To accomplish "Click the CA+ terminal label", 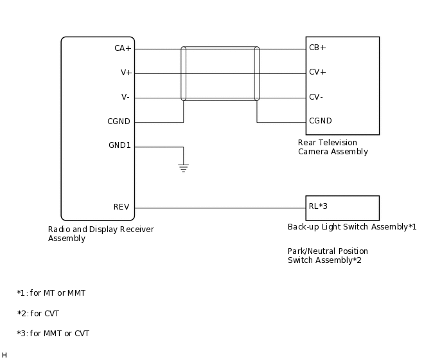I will click(x=122, y=48).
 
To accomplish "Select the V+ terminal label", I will click(x=126, y=73).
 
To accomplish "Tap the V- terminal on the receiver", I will click(x=125, y=97).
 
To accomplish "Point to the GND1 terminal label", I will click(x=119, y=145).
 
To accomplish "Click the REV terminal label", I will click(x=121, y=207).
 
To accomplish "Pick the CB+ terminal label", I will click(x=317, y=48).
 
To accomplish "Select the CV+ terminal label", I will click(x=317, y=72).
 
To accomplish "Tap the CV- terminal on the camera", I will click(x=316, y=96).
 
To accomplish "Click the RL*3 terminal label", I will click(x=318, y=206).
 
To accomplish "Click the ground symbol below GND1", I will click(x=183, y=168).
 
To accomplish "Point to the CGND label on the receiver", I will click(x=119, y=122).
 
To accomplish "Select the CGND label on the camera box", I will click(x=321, y=120).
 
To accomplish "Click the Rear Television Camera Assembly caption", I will click(x=333, y=147).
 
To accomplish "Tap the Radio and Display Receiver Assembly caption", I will click(x=101, y=234).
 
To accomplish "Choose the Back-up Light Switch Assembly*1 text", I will click(x=352, y=227).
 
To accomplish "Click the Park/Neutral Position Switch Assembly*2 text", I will click(x=328, y=256).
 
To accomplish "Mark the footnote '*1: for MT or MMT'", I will click(x=51, y=293).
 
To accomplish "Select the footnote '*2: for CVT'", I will click(x=39, y=314).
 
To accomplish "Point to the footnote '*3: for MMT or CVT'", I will click(x=53, y=334).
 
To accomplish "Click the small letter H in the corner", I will click(x=4, y=355).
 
